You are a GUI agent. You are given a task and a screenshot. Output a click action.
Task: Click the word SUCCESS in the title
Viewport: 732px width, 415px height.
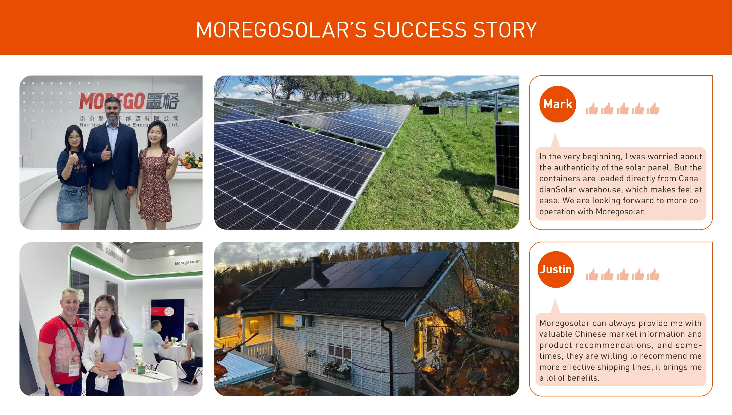(420, 30)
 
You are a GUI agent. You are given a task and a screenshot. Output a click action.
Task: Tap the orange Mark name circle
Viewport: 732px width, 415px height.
(557, 104)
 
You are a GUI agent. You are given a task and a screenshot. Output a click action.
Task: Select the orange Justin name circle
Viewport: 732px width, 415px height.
(556, 269)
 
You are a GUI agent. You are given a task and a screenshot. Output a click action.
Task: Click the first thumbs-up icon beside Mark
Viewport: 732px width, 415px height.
(592, 109)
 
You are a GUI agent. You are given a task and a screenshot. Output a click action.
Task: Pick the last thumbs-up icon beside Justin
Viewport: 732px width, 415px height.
(653, 275)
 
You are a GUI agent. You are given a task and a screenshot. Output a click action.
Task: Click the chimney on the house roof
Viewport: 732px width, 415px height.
(316, 267)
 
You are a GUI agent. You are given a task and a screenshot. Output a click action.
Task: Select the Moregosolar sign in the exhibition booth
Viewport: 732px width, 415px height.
(188, 262)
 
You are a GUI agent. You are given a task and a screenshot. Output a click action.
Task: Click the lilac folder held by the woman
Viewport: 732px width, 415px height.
(113, 349)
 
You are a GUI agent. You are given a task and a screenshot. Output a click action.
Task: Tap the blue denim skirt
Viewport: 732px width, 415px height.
(73, 203)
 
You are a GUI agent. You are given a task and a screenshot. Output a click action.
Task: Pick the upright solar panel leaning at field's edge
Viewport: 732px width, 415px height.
(507, 158)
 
